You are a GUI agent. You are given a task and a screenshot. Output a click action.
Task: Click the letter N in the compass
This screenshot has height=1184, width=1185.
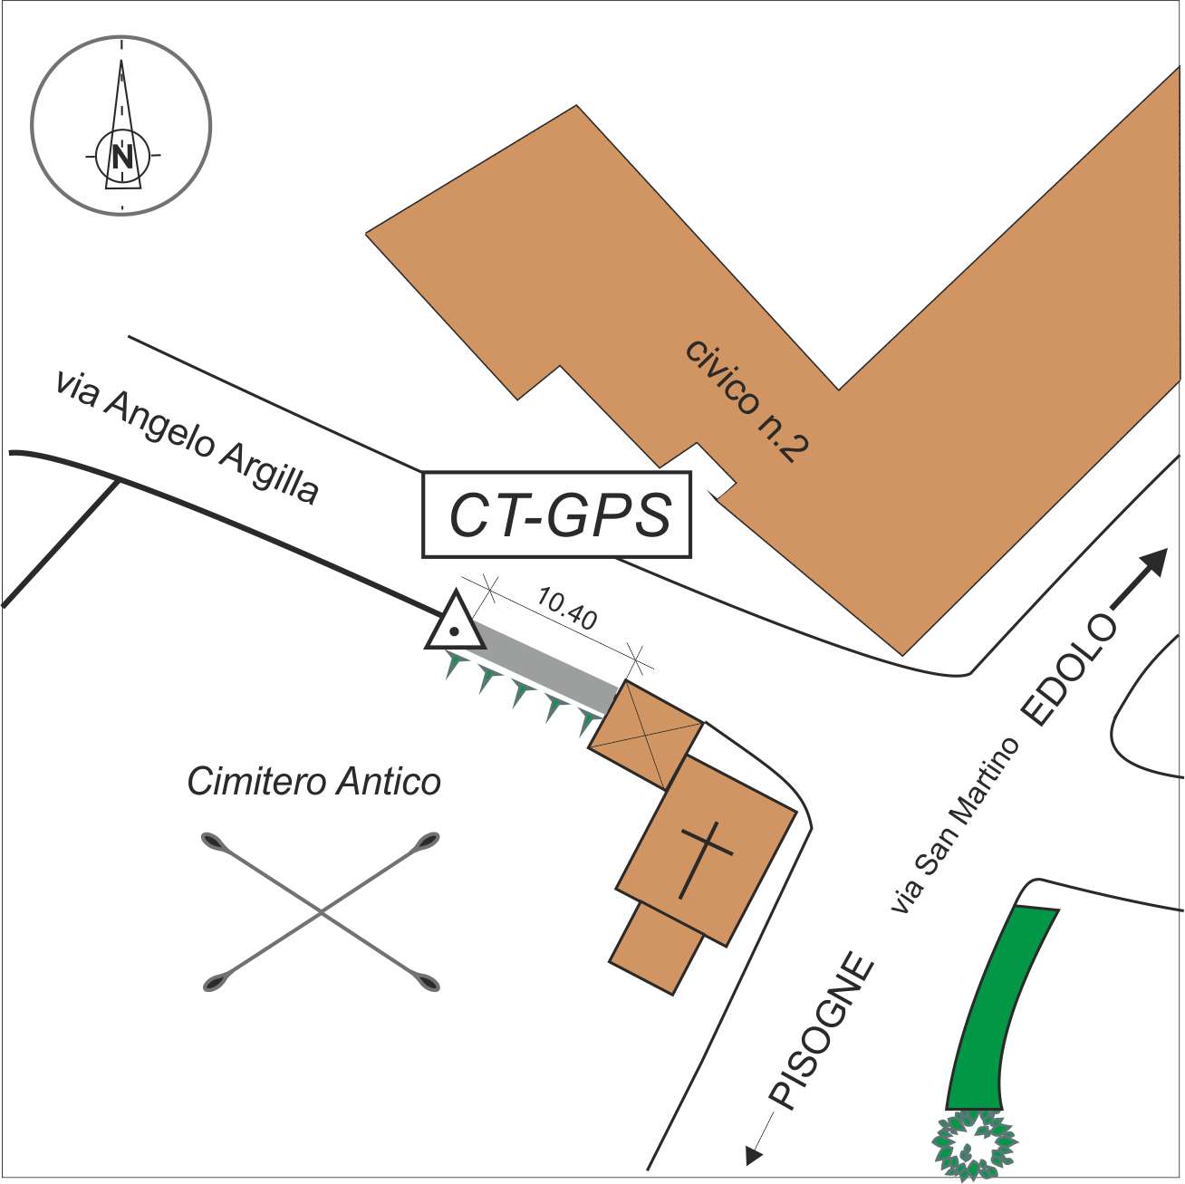pos(121,157)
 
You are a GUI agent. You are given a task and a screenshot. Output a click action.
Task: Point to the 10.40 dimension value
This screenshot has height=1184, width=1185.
pos(566,609)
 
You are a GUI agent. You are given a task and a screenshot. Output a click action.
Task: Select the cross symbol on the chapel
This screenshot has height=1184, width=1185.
pos(703,858)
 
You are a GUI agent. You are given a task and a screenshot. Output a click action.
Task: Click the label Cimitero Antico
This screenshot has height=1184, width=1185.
pos(313,781)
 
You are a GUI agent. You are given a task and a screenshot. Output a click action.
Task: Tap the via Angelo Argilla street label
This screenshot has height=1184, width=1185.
pos(187,438)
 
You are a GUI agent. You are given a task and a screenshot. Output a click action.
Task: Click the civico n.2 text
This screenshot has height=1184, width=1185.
pos(747,399)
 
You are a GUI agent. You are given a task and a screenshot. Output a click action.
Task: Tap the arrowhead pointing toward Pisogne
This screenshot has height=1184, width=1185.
pos(752,1155)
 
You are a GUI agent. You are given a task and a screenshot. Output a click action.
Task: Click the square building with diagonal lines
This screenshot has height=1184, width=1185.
pos(645,735)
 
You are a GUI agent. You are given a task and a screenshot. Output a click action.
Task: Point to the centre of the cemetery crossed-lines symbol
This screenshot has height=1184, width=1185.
pos(320,913)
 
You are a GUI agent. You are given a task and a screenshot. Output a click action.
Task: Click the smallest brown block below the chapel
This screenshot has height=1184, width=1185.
pos(656,948)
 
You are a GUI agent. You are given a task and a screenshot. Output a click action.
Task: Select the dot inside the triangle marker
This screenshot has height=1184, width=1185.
pos(455,631)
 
